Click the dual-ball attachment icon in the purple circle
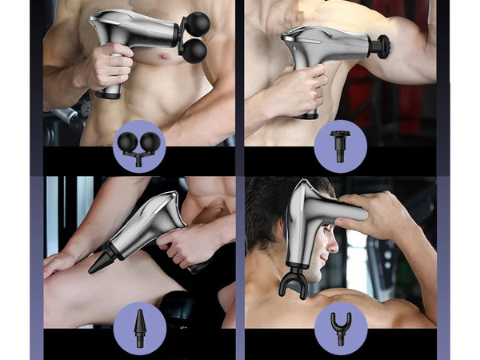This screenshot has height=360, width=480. [x=138, y=146]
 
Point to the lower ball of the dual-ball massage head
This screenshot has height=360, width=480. [x=194, y=52]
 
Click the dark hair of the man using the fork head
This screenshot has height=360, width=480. [x=268, y=204]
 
